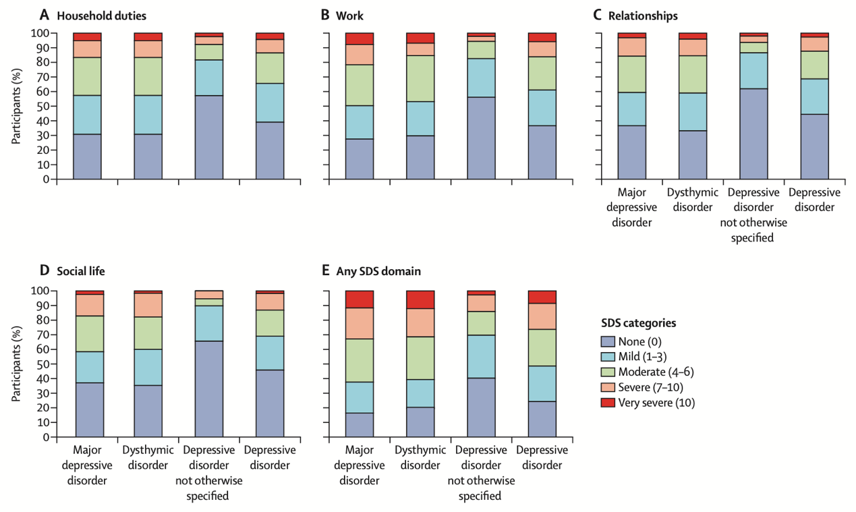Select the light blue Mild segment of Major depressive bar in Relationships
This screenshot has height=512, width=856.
[631, 109]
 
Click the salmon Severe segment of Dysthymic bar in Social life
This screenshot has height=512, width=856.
[148, 305]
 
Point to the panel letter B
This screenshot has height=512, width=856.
[324, 15]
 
